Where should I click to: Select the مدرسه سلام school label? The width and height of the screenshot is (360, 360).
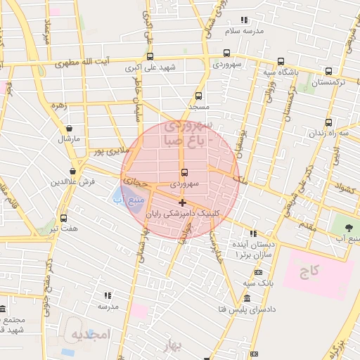[243, 32]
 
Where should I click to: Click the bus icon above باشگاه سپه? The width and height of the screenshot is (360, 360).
[281, 61]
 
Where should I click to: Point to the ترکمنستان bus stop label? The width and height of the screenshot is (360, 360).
[329, 82]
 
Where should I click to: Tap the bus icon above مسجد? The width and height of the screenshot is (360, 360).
[198, 96]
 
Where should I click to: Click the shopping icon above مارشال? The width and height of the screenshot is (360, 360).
[69, 129]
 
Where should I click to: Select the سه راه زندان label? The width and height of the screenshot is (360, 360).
[332, 132]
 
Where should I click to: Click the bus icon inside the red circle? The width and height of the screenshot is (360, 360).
[185, 173]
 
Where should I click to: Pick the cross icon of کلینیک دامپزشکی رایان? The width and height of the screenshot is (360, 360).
[183, 202]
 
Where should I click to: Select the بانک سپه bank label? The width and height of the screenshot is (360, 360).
[257, 283]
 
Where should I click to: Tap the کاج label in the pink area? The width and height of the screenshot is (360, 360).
[310, 269]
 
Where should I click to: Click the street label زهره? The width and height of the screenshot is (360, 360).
[59, 107]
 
